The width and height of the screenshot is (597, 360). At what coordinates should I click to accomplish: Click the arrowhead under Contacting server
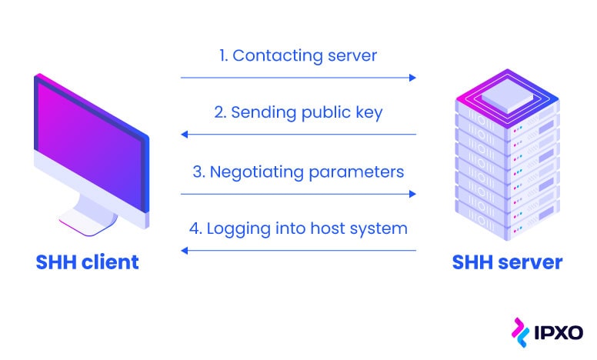412,78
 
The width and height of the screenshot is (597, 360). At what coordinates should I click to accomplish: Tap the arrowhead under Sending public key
185,135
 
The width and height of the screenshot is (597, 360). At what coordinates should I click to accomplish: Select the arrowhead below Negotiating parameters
412,194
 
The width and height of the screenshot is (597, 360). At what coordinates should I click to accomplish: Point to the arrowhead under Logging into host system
185,251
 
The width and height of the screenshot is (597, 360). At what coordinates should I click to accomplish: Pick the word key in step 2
369,113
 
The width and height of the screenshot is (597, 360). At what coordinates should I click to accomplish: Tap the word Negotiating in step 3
256,172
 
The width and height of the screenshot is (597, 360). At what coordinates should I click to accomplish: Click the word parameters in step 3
356,172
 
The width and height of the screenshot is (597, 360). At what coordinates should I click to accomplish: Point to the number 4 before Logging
195,228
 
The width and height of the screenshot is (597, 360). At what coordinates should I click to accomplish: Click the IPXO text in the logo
559,332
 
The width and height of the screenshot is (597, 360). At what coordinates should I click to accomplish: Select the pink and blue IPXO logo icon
520,332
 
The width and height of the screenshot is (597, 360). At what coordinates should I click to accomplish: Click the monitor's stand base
88,222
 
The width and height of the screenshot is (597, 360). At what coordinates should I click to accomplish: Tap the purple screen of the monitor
89,144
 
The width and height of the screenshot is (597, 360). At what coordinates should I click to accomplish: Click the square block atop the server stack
507,95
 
